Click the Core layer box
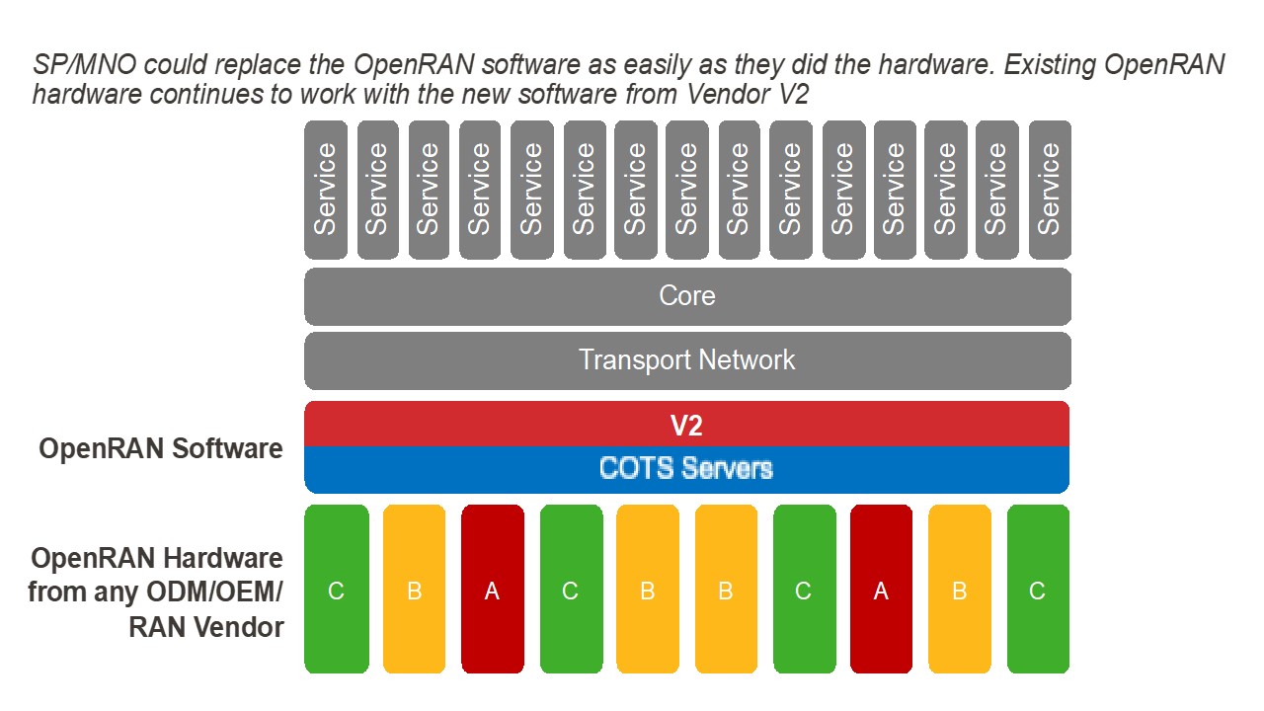coord(687,296)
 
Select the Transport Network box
coord(687,359)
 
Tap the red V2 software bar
coord(687,425)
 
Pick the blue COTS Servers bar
coord(687,468)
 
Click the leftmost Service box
coord(326,190)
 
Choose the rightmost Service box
coord(1050,190)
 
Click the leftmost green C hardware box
coord(337,590)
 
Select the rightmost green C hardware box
coord(1038,590)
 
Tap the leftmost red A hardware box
coord(493,590)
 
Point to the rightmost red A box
coord(881,590)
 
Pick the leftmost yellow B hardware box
coord(415,590)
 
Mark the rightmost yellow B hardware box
coord(959,590)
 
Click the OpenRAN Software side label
coord(161,449)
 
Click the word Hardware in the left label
coord(223,558)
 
